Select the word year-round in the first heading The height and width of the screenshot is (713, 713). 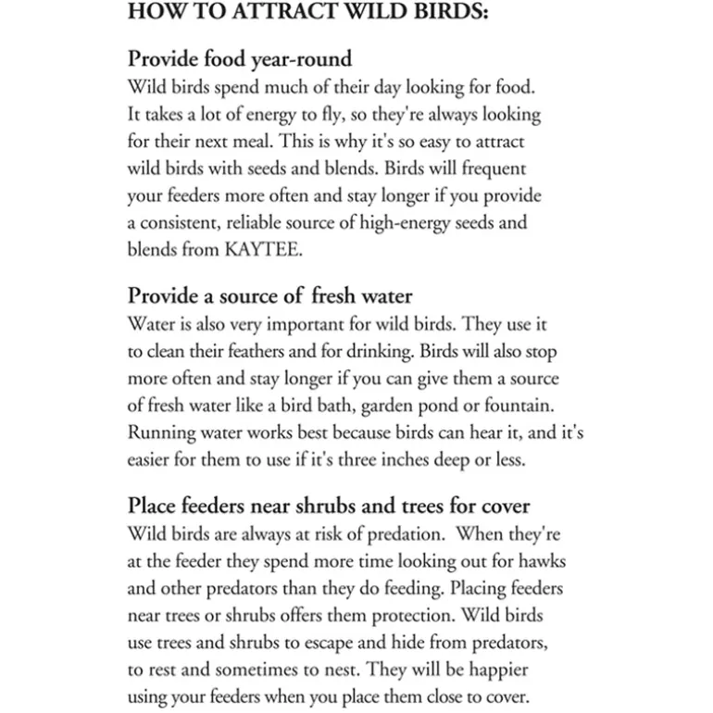305,59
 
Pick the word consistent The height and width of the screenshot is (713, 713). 184,222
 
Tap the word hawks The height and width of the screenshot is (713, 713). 544,562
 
